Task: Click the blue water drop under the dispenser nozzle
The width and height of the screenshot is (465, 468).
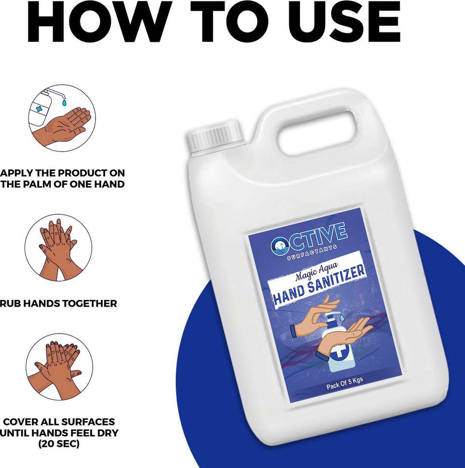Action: pyautogui.click(x=64, y=103)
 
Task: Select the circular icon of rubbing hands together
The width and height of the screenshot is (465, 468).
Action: pyautogui.click(x=58, y=247)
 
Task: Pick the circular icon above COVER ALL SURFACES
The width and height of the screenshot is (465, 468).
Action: pyautogui.click(x=59, y=367)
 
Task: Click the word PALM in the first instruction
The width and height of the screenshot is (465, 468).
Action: pyautogui.click(x=38, y=184)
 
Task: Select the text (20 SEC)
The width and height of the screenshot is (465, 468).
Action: pyautogui.click(x=59, y=444)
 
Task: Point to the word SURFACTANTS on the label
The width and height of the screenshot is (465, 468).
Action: pyautogui.click(x=312, y=252)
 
